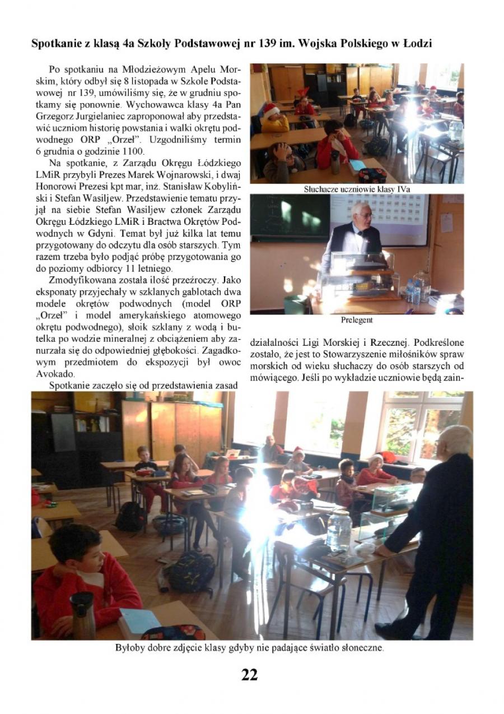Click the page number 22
click(x=250, y=675)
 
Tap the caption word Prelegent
click(x=357, y=321)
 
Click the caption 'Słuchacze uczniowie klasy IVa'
click(x=357, y=189)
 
